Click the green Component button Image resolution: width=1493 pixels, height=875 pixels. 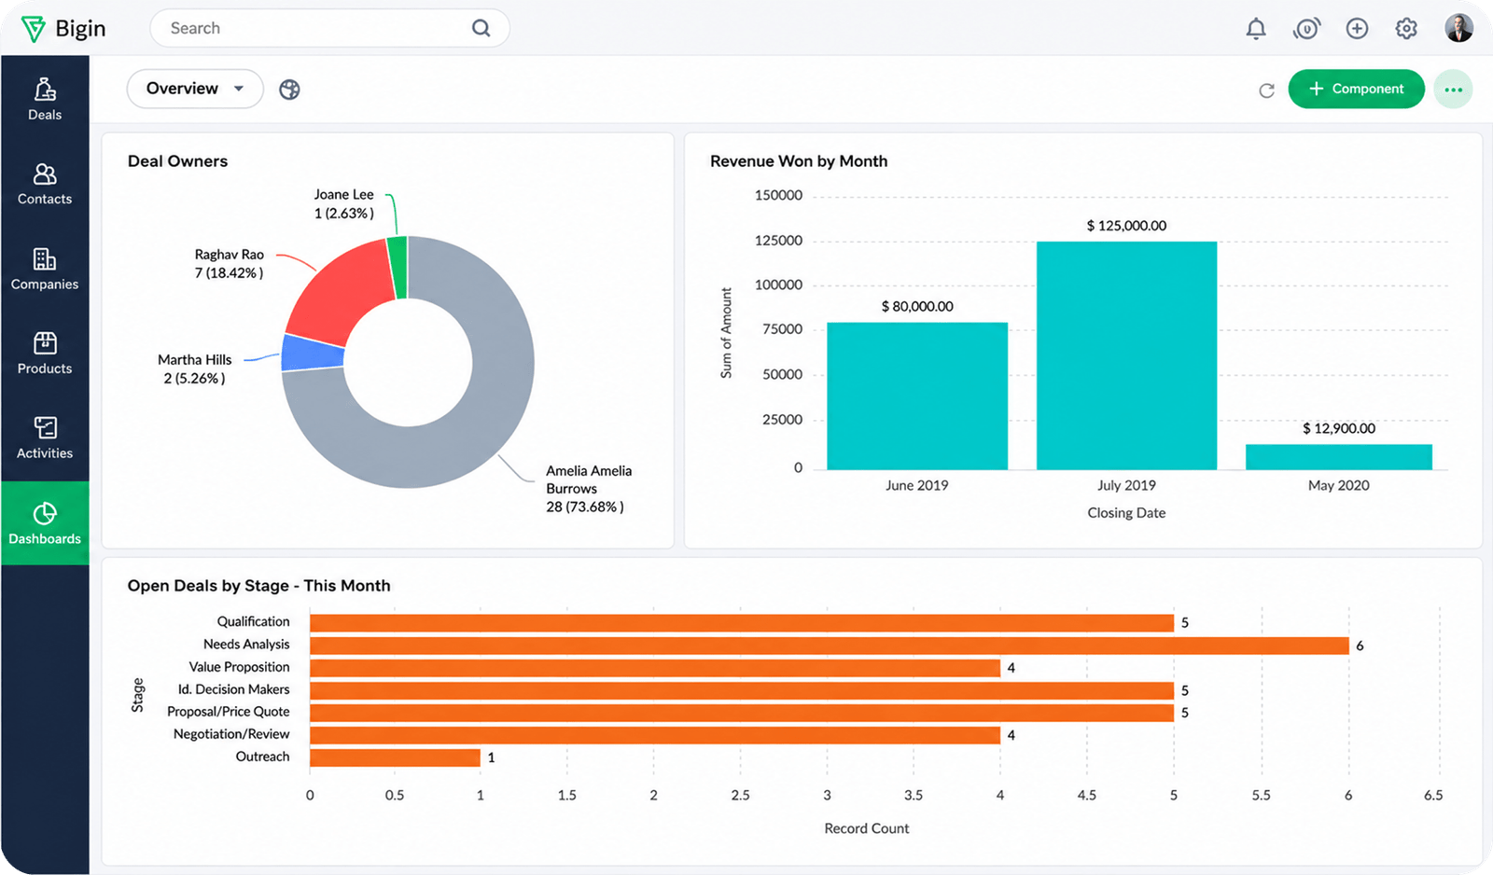tap(1356, 89)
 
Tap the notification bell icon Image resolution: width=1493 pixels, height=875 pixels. tap(1256, 29)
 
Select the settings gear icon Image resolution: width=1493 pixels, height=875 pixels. tap(1405, 29)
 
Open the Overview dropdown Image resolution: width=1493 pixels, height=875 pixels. tap(195, 89)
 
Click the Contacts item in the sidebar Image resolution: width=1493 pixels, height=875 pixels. tap(45, 184)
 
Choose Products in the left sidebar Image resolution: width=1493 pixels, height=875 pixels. tap(45, 354)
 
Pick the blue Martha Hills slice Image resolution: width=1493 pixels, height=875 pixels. tap(312, 354)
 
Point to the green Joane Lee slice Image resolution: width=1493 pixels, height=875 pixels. tap(398, 268)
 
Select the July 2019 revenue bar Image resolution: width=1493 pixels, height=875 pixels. tap(1126, 355)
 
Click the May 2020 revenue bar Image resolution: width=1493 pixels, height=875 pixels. tap(1338, 457)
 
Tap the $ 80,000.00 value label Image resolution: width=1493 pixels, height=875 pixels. tap(917, 307)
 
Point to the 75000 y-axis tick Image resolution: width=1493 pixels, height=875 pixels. tap(778, 329)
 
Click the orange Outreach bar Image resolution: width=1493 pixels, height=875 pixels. tap(395, 757)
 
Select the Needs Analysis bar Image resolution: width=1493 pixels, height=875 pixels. tap(830, 646)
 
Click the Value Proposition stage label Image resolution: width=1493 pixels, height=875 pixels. tap(239, 667)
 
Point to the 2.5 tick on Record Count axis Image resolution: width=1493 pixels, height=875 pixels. tap(740, 795)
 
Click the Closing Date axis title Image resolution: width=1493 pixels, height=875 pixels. tap(1126, 513)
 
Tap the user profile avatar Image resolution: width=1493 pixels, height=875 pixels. tap(1458, 29)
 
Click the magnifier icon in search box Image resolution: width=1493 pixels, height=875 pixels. tap(481, 28)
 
